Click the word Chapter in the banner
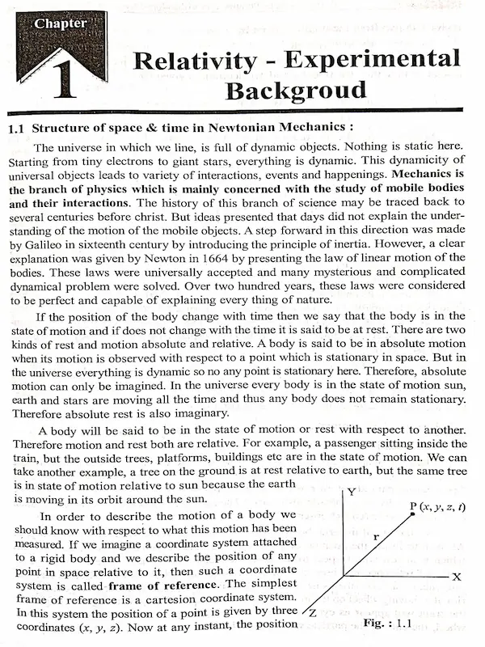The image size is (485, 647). point(60,23)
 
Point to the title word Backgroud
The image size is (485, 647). point(296,89)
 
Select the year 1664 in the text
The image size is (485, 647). point(237,258)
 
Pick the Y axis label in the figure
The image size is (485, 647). point(350,493)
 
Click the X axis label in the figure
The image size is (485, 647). point(456,577)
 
